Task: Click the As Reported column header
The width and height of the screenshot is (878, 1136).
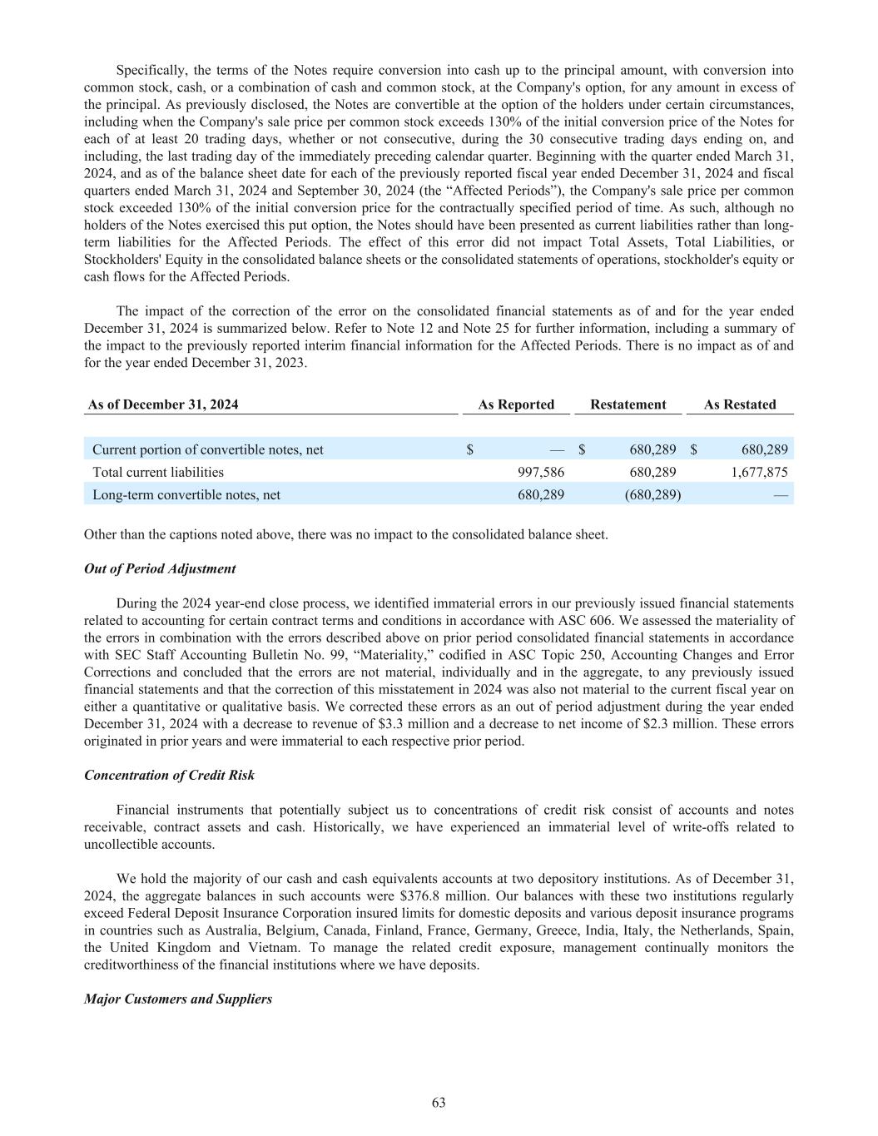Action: pyautogui.click(x=516, y=404)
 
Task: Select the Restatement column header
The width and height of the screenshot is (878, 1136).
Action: pyautogui.click(x=627, y=404)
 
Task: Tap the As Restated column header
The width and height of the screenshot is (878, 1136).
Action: pyautogui.click(x=739, y=404)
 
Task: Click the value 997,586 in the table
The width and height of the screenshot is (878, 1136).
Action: pyautogui.click(x=541, y=472)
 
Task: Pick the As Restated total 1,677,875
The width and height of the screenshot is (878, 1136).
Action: pyautogui.click(x=759, y=472)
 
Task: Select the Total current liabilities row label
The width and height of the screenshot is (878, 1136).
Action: pyautogui.click(x=158, y=472)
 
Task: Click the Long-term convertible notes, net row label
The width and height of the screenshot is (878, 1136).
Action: pyautogui.click(x=186, y=494)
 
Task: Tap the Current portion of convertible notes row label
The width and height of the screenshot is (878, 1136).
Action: pyautogui.click(x=208, y=449)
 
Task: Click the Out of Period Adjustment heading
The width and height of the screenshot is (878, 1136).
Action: pyautogui.click(x=160, y=568)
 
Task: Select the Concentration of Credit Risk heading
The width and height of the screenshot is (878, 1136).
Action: pyautogui.click(x=169, y=775)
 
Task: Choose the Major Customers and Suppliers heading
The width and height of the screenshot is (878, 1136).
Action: pyautogui.click(x=178, y=998)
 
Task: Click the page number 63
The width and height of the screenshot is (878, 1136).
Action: pyautogui.click(x=439, y=1103)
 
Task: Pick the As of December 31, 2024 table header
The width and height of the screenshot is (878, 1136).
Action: pyautogui.click(x=163, y=404)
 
